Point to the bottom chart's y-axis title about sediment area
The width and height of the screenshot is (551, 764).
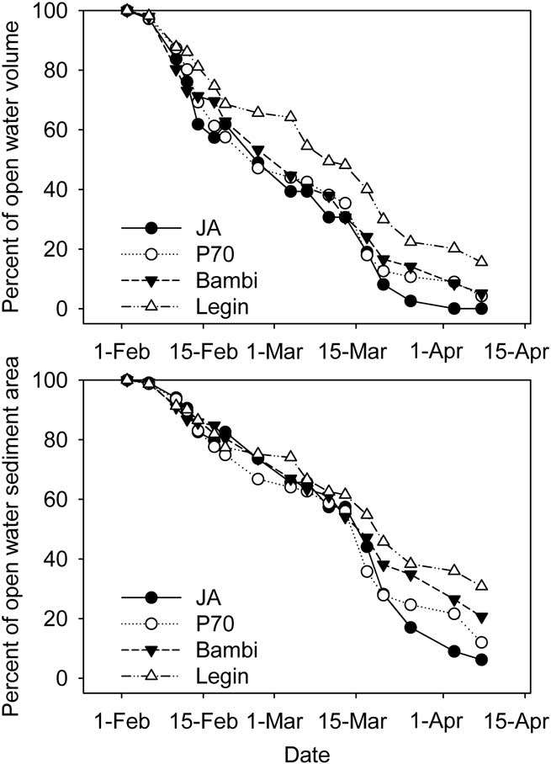click(14, 539)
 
